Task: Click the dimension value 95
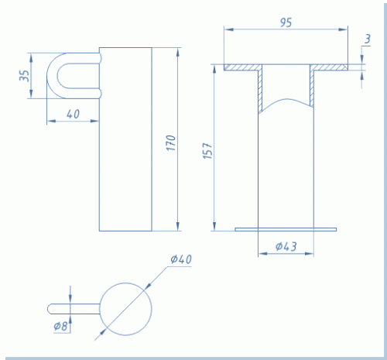(x=286, y=22)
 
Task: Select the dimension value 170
(x=171, y=143)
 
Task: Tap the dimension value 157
(x=208, y=151)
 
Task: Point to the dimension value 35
(x=25, y=76)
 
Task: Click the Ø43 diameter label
(x=286, y=246)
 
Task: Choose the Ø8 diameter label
(x=60, y=326)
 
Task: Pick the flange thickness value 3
(x=368, y=39)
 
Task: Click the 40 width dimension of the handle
(x=73, y=114)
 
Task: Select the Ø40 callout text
(x=181, y=259)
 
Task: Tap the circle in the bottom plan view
(x=125, y=283)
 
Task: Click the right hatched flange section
(x=329, y=67)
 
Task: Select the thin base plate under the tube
(x=286, y=229)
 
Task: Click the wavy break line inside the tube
(x=286, y=99)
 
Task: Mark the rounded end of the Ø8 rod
(x=50, y=309)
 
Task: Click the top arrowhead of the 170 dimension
(x=177, y=52)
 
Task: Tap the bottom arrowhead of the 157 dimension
(x=214, y=227)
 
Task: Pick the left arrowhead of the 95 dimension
(x=228, y=29)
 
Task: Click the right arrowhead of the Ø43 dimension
(x=310, y=254)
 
